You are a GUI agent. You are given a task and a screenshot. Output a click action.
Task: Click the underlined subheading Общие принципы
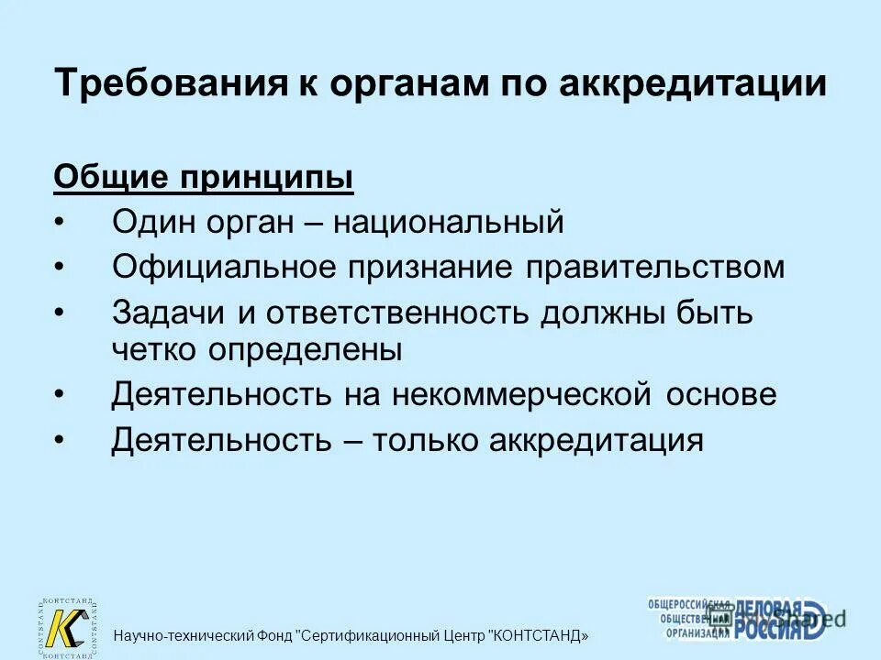tap(204, 178)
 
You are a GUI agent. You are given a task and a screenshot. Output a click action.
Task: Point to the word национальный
tap(448, 222)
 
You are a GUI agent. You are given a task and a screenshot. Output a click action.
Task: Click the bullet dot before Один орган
tap(60, 223)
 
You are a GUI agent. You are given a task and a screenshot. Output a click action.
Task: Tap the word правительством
tap(655, 268)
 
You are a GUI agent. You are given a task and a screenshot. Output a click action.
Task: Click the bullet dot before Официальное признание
tap(60, 269)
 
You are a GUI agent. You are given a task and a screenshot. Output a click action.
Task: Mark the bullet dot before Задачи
tap(60, 313)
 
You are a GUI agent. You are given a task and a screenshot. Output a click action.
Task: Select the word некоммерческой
tap(523, 395)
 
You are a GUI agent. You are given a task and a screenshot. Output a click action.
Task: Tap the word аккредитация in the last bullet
tap(597, 441)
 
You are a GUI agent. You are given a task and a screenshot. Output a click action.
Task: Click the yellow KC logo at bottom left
tap(66, 628)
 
